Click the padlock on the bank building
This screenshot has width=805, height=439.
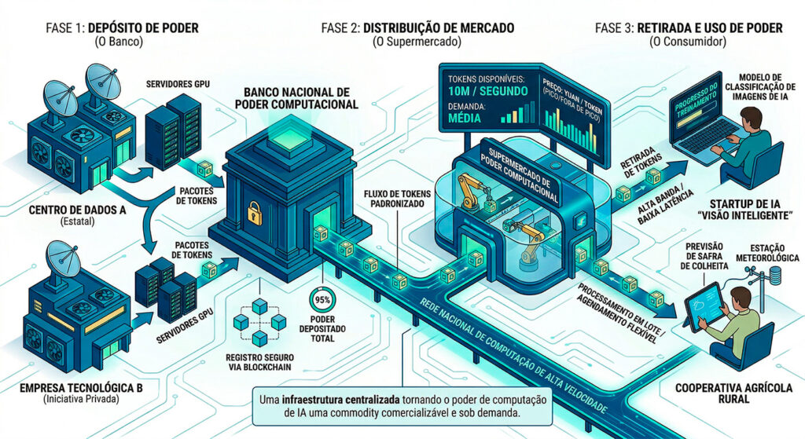[253, 212]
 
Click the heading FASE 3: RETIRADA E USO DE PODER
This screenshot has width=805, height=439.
[689, 28]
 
